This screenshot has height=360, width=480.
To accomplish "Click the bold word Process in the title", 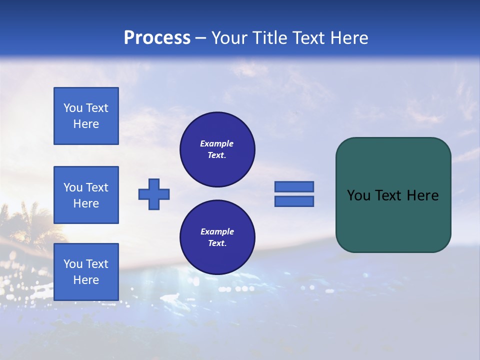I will pyautogui.click(x=157, y=37).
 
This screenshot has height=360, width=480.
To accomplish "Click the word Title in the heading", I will pyautogui.click(x=268, y=37).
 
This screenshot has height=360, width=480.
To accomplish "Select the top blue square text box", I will pyautogui.click(x=86, y=116).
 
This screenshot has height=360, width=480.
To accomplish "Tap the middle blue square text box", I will pyautogui.click(x=86, y=195).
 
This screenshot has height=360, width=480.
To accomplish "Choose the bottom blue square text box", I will pyautogui.click(x=86, y=272).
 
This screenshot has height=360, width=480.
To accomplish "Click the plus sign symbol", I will pyautogui.click(x=154, y=194).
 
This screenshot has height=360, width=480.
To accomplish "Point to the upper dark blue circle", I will pyautogui.click(x=217, y=149).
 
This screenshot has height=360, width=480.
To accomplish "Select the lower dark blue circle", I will pyautogui.click(x=217, y=237).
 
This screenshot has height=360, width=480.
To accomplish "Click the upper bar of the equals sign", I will pyautogui.click(x=294, y=187).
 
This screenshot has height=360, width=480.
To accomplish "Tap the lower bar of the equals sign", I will pyautogui.click(x=294, y=201).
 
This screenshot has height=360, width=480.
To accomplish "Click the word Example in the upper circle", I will pyautogui.click(x=217, y=143).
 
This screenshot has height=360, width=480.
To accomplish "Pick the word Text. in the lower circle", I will pyautogui.click(x=217, y=243).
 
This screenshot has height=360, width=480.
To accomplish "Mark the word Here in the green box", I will pyautogui.click(x=423, y=195).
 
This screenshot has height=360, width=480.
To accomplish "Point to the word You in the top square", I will pyautogui.click(x=73, y=108).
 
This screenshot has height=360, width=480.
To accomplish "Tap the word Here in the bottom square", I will pyautogui.click(x=86, y=280).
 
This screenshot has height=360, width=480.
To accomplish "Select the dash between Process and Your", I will pyautogui.click(x=200, y=38).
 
